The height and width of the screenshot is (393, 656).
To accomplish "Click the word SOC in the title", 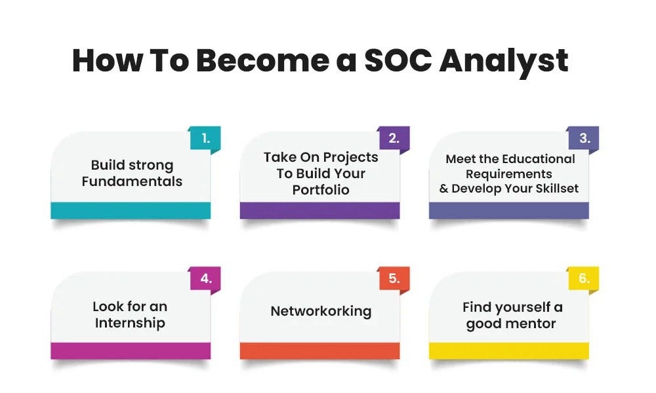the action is (398, 60).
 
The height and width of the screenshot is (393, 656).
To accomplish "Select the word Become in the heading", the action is (263, 60).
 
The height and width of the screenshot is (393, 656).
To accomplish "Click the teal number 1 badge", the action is (205, 138).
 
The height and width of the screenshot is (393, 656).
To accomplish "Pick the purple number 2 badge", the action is (394, 138).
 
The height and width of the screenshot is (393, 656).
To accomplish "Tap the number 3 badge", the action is (584, 138).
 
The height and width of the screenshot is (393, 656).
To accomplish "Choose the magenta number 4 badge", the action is (205, 278).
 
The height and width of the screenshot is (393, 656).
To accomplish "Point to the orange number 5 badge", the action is (394, 278).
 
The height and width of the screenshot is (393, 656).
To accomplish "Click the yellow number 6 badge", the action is (584, 278).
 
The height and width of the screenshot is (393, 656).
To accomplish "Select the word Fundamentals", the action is (133, 181).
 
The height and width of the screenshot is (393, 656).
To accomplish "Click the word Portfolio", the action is (321, 190).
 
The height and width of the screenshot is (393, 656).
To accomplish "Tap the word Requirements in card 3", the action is (509, 174).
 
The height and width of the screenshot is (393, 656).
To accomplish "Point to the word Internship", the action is (130, 324).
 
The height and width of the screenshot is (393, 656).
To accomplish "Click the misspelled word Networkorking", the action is (321, 312).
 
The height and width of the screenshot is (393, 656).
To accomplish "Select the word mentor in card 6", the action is (532, 324).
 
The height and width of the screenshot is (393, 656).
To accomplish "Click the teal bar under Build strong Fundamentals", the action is (131, 210).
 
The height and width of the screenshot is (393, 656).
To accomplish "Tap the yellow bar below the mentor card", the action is (509, 351).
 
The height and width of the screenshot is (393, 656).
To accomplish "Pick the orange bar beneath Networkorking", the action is (319, 351).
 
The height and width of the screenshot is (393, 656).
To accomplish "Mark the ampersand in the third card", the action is (443, 189).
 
